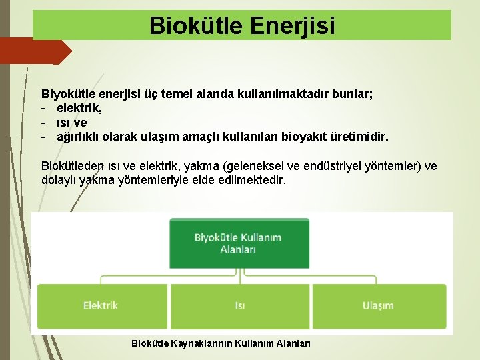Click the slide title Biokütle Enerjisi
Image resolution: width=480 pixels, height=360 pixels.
pos(242,25)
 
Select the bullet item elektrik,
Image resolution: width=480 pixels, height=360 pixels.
pos(79,109)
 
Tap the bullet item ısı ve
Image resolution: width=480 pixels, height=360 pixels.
pos(71,123)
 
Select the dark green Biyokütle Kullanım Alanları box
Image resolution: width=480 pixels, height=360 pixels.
pos(238,243)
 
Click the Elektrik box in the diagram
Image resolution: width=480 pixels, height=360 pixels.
pos(101,305)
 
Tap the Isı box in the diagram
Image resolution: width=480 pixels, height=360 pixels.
pos(239,305)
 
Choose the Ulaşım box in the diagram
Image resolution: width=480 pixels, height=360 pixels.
pos(378,305)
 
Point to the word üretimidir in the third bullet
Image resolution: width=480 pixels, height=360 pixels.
pos(361,137)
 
